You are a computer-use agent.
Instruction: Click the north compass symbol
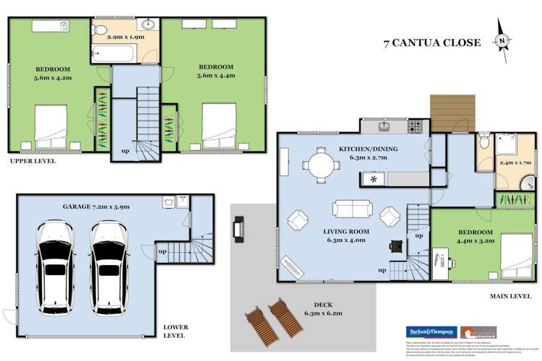click(501, 42)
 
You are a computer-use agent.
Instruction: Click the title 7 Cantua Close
click(431, 43)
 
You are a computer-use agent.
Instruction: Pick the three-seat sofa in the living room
click(353, 209)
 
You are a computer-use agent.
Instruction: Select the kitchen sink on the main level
click(385, 128)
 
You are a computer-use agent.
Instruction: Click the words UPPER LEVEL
click(33, 161)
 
